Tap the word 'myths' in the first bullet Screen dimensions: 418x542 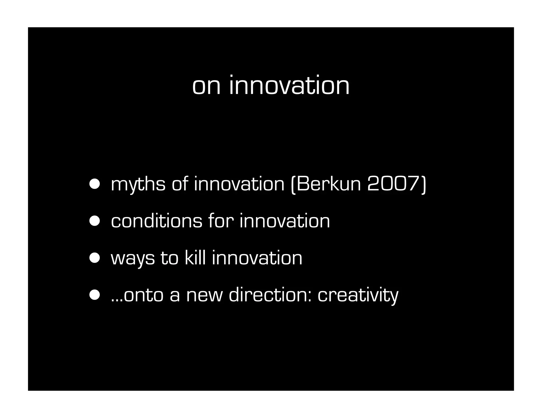click(x=138, y=185)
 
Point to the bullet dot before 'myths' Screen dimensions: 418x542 click(x=94, y=184)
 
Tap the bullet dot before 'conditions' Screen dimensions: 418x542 click(x=94, y=221)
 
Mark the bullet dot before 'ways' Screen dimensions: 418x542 click(x=94, y=258)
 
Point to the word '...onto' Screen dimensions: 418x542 click(x=137, y=295)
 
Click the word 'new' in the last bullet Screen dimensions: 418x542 click(x=204, y=295)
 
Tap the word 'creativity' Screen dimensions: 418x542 click(x=358, y=295)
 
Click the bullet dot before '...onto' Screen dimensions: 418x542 click(x=94, y=295)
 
